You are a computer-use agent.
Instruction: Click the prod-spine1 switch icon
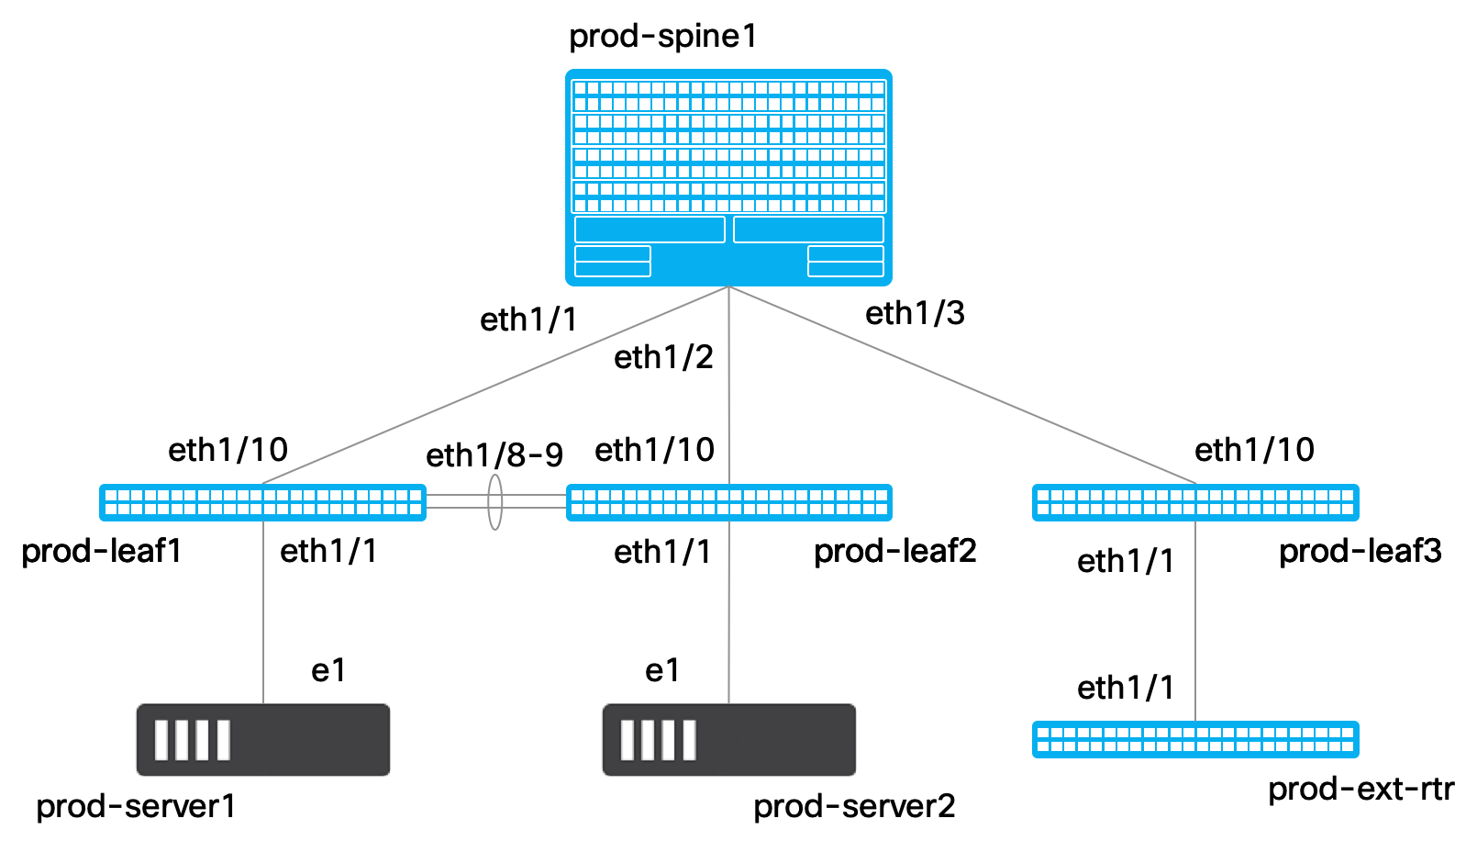pyautogui.click(x=728, y=177)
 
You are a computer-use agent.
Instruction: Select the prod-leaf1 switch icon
pyautogui.click(x=262, y=502)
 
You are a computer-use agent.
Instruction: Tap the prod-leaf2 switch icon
pyautogui.click(x=729, y=502)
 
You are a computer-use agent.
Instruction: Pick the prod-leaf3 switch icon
pyautogui.click(x=1195, y=502)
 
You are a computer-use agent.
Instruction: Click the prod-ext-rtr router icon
pyautogui.click(x=1195, y=739)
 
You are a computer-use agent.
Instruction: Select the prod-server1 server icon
pyautogui.click(x=263, y=739)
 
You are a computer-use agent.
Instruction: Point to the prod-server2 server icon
pyautogui.click(x=729, y=739)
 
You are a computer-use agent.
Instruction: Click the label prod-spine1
pyautogui.click(x=663, y=37)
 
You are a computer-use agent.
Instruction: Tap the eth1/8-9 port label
pyautogui.click(x=494, y=455)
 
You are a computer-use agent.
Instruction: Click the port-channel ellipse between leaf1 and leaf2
pyautogui.click(x=488, y=502)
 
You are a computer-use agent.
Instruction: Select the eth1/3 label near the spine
pyautogui.click(x=915, y=313)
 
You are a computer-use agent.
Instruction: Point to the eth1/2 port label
pyautogui.click(x=663, y=358)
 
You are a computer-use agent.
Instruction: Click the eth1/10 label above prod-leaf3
pyautogui.click(x=1254, y=450)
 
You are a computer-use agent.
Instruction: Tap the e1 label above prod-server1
pyautogui.click(x=328, y=671)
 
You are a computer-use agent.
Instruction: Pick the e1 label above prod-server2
pyautogui.click(x=661, y=671)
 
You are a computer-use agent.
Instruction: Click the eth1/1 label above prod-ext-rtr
pyautogui.click(x=1125, y=689)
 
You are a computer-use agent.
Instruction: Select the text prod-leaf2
pyautogui.click(x=894, y=552)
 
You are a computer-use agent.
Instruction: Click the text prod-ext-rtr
pyautogui.click(x=1361, y=790)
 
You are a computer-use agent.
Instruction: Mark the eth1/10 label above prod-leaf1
pyautogui.click(x=228, y=450)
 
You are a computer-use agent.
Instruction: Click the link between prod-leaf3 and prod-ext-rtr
pyautogui.click(x=1195, y=621)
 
